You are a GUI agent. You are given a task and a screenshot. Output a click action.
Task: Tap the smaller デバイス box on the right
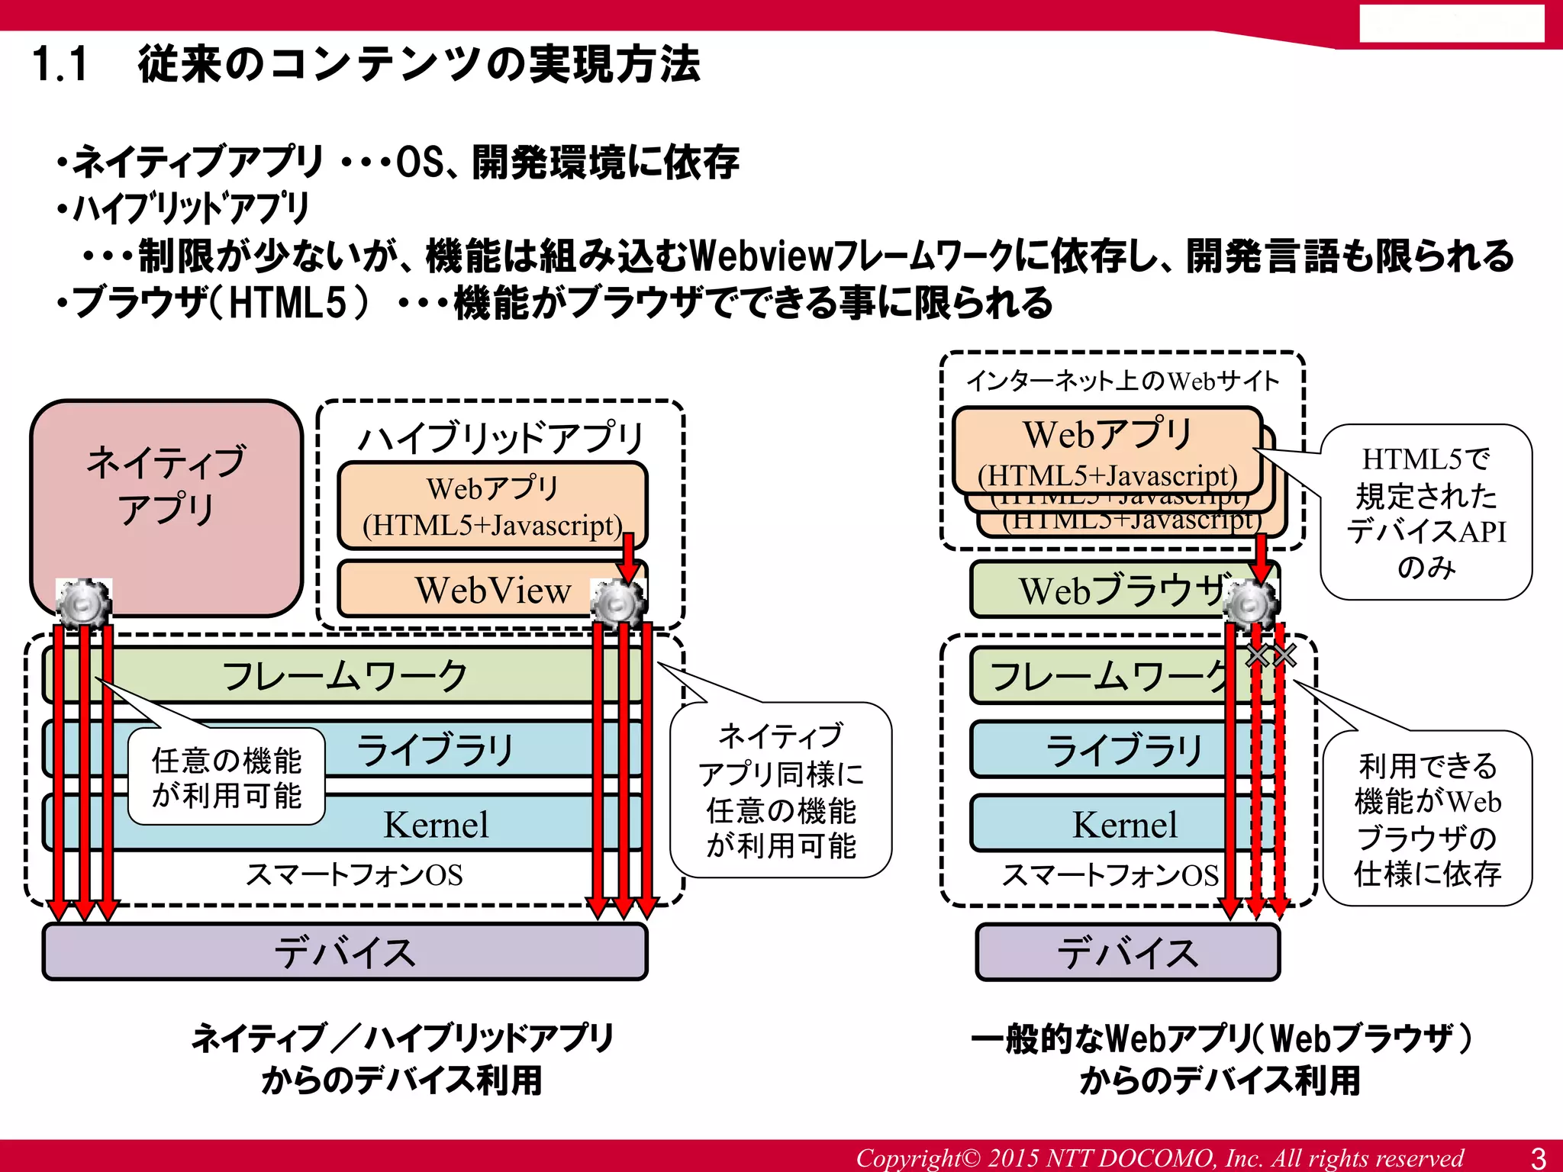click(x=1127, y=952)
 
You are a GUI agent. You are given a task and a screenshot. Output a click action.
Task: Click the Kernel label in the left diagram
click(x=436, y=825)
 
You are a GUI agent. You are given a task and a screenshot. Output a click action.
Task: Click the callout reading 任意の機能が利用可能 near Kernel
click(x=227, y=778)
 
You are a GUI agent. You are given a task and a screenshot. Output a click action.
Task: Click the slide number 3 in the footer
click(x=1539, y=1158)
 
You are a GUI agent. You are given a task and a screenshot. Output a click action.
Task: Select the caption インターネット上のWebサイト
click(x=1122, y=381)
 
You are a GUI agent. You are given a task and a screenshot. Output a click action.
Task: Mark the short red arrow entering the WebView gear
click(x=629, y=557)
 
